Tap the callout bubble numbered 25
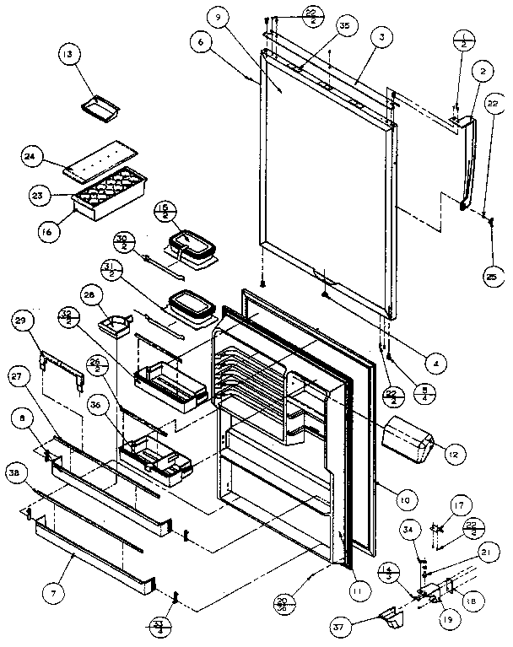tap(493, 274)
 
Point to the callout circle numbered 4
tap(435, 364)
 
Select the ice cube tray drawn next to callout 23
tap(105, 196)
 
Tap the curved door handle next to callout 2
tap(467, 164)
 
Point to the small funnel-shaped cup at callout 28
tap(112, 324)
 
